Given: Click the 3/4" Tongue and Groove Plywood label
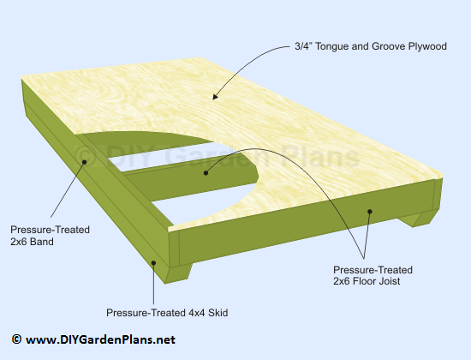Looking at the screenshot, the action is (x=370, y=46).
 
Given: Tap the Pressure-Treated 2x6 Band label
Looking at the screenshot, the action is (x=50, y=236).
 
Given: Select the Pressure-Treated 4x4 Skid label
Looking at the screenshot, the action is (x=167, y=313).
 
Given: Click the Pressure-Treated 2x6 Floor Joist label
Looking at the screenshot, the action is (x=373, y=275).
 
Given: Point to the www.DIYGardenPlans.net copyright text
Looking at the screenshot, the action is (x=93, y=339).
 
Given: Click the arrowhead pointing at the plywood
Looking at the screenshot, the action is (x=216, y=96).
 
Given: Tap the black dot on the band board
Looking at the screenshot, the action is (x=85, y=162).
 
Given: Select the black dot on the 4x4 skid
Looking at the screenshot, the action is (x=153, y=263).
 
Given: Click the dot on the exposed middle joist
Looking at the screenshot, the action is (x=206, y=173).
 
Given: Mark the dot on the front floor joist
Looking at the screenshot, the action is (x=370, y=212).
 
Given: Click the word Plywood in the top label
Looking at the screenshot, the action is (x=427, y=46).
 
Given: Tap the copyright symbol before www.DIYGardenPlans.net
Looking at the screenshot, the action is (x=16, y=339).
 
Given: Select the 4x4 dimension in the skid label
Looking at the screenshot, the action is (x=197, y=313).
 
